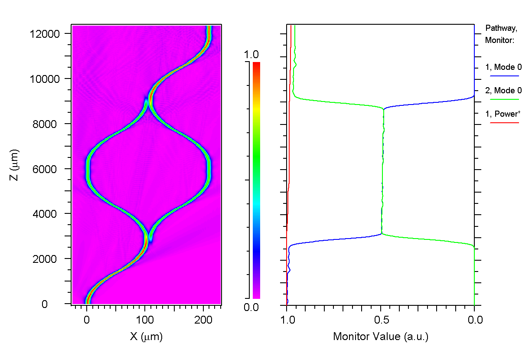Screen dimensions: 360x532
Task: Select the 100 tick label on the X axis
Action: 145,321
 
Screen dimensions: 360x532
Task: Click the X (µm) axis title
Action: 146,337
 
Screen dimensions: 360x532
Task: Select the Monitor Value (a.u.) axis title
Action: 381,337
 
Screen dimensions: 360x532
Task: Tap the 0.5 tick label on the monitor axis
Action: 381,321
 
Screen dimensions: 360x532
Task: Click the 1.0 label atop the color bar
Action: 251,55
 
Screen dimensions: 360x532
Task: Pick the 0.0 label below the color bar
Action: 251,308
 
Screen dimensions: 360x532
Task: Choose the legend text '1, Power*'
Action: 503,114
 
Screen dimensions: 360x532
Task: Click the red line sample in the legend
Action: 505,123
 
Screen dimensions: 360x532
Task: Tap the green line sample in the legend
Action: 505,99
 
